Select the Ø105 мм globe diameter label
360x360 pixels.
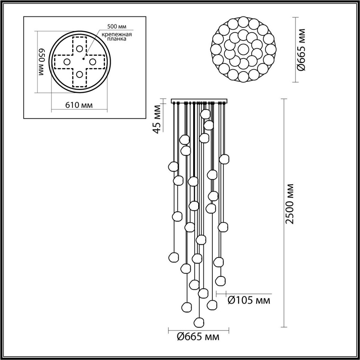(x=249, y=300)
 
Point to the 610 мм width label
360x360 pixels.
(x=79, y=105)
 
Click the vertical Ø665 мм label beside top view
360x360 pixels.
(x=301, y=49)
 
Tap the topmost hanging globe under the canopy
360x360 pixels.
(x=205, y=114)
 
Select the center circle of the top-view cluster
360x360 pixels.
(x=243, y=49)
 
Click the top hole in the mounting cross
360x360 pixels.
(x=79, y=48)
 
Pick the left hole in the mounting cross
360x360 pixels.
(x=67, y=62)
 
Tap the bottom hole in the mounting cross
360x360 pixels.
(x=79, y=74)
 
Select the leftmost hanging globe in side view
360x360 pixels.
(x=173, y=166)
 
